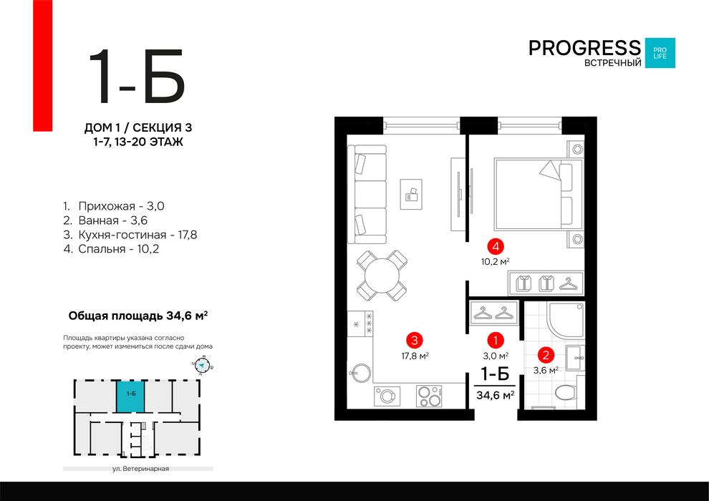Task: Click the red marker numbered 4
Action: (496, 247)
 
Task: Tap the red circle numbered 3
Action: (415, 340)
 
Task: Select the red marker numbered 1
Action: (496, 340)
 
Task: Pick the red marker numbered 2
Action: (546, 355)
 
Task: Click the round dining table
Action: (382, 276)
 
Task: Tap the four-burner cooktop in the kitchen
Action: (429, 397)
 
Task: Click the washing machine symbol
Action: (387, 397)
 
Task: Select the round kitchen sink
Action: (360, 373)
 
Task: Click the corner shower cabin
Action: (566, 320)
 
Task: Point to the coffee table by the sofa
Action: (411, 194)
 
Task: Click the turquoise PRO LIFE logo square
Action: (660, 53)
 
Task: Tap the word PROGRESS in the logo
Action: (584, 48)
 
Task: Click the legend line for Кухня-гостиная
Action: (130, 235)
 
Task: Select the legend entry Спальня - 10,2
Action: (111, 249)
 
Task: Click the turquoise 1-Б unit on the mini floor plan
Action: (130, 397)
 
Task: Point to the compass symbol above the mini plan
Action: (202, 366)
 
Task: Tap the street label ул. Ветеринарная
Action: (140, 469)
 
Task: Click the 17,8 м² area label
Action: (415, 356)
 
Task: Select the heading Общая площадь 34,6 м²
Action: (138, 316)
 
